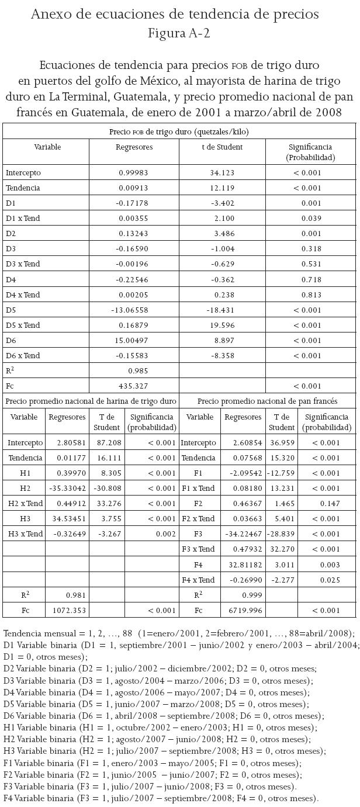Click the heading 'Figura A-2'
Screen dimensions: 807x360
point(179,33)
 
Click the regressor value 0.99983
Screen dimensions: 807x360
point(133,173)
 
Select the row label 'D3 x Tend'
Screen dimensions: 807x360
point(23,264)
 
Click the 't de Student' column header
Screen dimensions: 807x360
point(222,147)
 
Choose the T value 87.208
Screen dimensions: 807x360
point(106,442)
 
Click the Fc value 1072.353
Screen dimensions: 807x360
point(65,610)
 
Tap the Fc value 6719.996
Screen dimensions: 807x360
point(243,610)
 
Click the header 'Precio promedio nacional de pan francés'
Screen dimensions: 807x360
point(267,401)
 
